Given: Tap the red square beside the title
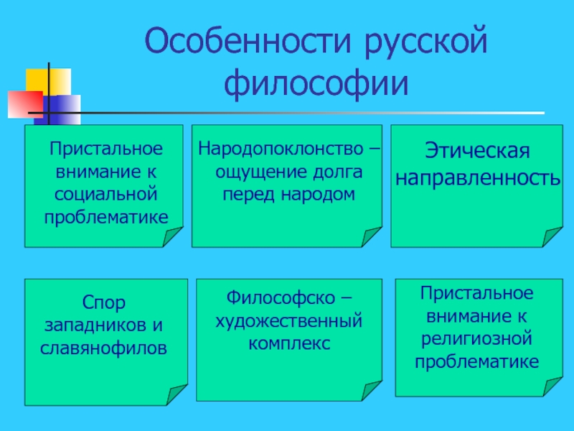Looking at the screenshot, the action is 24,104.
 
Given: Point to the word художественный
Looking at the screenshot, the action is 289,320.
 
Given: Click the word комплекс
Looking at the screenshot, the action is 289,343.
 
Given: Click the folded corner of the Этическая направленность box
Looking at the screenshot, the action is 552,236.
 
